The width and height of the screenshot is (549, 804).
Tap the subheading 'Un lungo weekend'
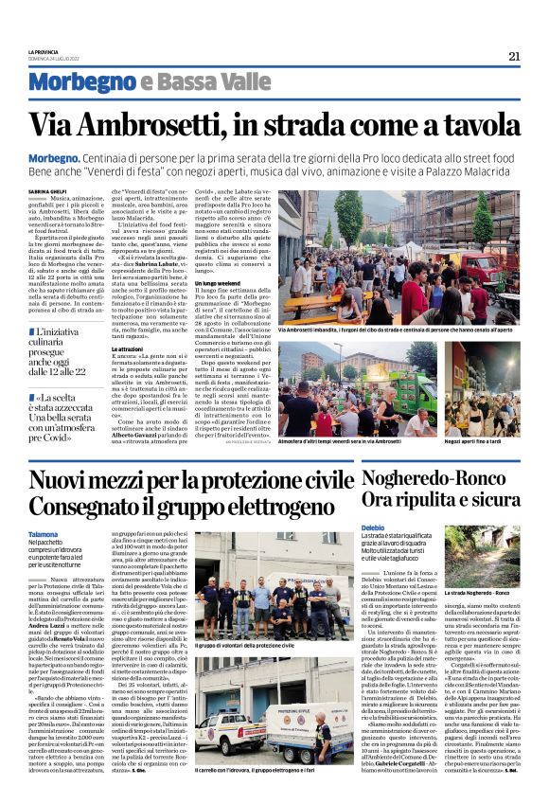[217, 284]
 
